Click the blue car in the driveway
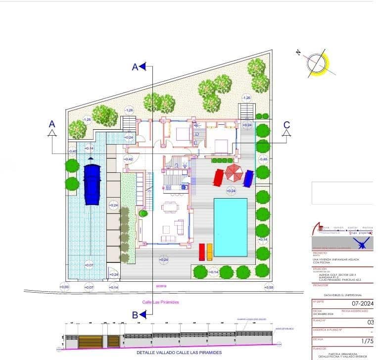[93, 184]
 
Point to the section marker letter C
[286, 125]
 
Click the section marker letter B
[135, 314]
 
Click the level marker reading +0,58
[269, 287]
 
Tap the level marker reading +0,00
[64, 287]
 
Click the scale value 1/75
[367, 341]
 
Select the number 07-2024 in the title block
[362, 303]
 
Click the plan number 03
[371, 322]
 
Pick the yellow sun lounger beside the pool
[209, 252]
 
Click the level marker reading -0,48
[263, 159]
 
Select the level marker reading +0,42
[129, 159]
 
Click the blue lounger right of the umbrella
[248, 178]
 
